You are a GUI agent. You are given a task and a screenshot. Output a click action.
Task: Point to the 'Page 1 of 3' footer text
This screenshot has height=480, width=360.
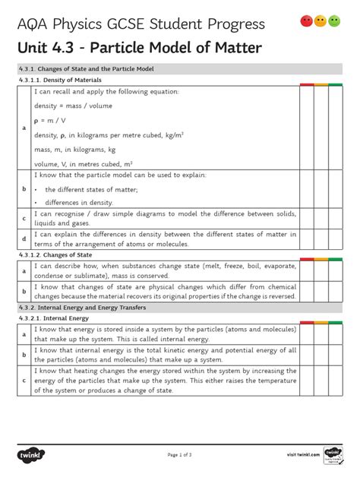click(x=180, y=454)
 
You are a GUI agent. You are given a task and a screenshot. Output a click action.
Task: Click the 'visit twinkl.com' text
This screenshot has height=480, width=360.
click(x=303, y=454)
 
